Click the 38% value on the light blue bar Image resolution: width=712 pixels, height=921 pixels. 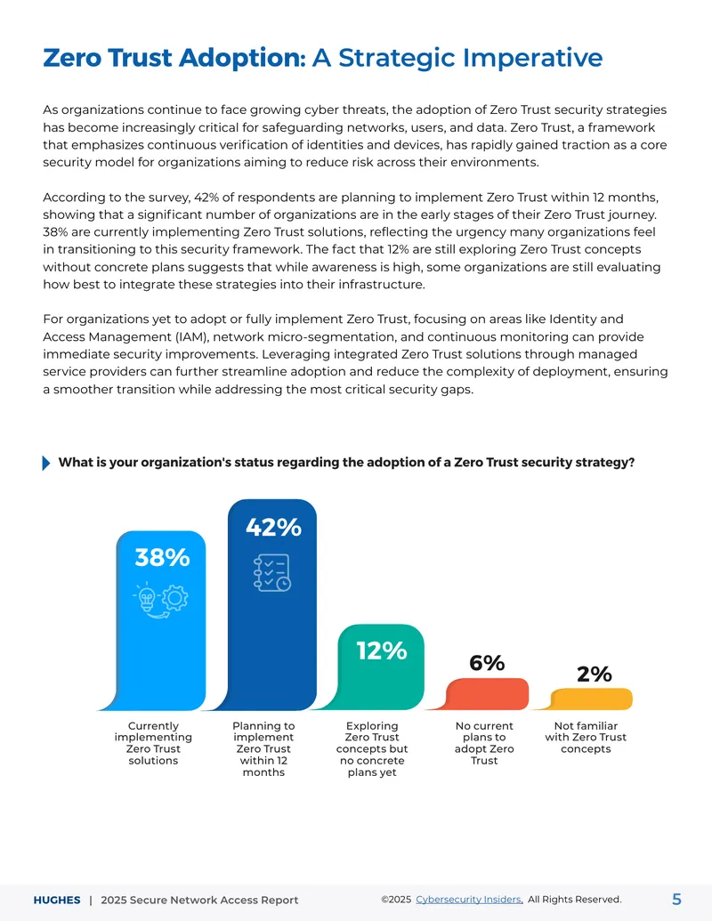coord(162,557)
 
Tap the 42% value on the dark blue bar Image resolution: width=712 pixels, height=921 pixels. coord(273,528)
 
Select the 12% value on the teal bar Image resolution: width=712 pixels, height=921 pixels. coord(382,650)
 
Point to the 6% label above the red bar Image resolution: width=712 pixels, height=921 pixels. coord(487,663)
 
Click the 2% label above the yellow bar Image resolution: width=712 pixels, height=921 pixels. coord(594,674)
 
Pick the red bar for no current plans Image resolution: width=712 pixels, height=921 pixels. coord(487,694)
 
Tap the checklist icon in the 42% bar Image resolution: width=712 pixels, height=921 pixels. coord(272,572)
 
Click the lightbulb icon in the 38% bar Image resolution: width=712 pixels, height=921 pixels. coord(146,597)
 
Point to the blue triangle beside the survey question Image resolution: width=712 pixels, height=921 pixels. coord(46,463)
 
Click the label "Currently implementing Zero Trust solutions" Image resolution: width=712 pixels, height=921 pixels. coord(153,743)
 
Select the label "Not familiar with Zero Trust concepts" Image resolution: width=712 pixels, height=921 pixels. coord(586,737)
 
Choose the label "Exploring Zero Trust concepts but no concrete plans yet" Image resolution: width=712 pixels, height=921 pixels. coord(372,749)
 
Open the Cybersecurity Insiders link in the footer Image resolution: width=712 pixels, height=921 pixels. coord(469,900)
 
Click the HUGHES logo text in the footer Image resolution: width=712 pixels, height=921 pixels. coord(57,900)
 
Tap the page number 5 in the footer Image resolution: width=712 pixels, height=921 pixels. coord(676,900)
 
